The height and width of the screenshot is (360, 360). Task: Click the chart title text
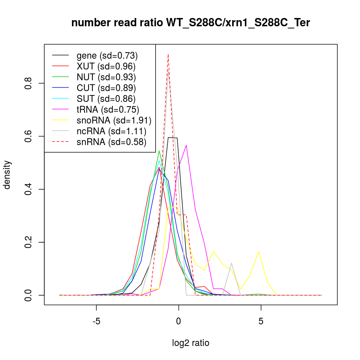pyautogui.click(x=190, y=23)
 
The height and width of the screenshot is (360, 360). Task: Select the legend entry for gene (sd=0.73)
pyautogui.click(x=107, y=55)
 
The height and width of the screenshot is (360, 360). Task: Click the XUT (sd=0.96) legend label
pyautogui.click(x=106, y=66)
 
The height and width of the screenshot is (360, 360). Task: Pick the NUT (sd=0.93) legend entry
pyautogui.click(x=106, y=77)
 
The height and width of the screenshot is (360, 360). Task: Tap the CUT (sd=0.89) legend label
pyautogui.click(x=106, y=88)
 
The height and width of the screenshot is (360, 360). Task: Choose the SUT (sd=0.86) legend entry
pyautogui.click(x=106, y=99)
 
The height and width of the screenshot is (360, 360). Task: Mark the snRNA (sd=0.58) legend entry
pyautogui.click(x=111, y=142)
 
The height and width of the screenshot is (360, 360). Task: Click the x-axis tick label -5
pyautogui.click(x=96, y=321)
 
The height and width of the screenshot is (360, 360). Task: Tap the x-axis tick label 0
pyautogui.click(x=179, y=321)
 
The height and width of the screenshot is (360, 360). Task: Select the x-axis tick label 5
pyautogui.click(x=261, y=321)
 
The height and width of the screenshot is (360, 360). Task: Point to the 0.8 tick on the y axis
pyautogui.click(x=30, y=83)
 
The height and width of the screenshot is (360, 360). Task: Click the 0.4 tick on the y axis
pyautogui.click(x=30, y=189)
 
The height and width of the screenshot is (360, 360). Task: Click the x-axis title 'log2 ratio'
pyautogui.click(x=190, y=343)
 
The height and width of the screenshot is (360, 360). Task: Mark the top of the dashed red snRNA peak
pyautogui.click(x=168, y=54)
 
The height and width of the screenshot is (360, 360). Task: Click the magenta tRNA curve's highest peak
pyautogui.click(x=186, y=145)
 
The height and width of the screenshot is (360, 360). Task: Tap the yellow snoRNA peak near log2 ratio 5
pyautogui.click(x=259, y=251)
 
